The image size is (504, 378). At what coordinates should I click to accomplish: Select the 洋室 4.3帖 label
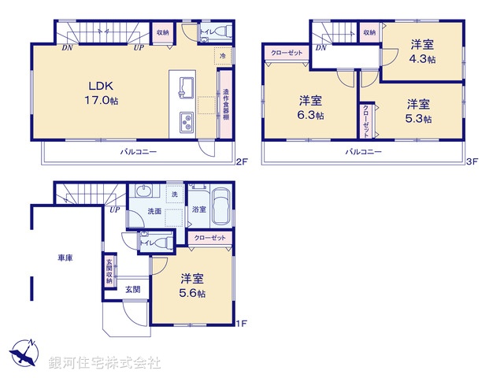421,51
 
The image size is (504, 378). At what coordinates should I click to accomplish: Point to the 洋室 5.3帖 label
419,110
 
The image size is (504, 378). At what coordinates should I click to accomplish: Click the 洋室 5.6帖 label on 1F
192,285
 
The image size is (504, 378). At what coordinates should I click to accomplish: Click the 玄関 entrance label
133,289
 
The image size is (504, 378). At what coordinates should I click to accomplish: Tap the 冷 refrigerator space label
223,57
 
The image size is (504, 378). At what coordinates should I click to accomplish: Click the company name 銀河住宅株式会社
104,363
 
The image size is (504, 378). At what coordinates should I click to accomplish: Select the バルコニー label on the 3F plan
363,150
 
